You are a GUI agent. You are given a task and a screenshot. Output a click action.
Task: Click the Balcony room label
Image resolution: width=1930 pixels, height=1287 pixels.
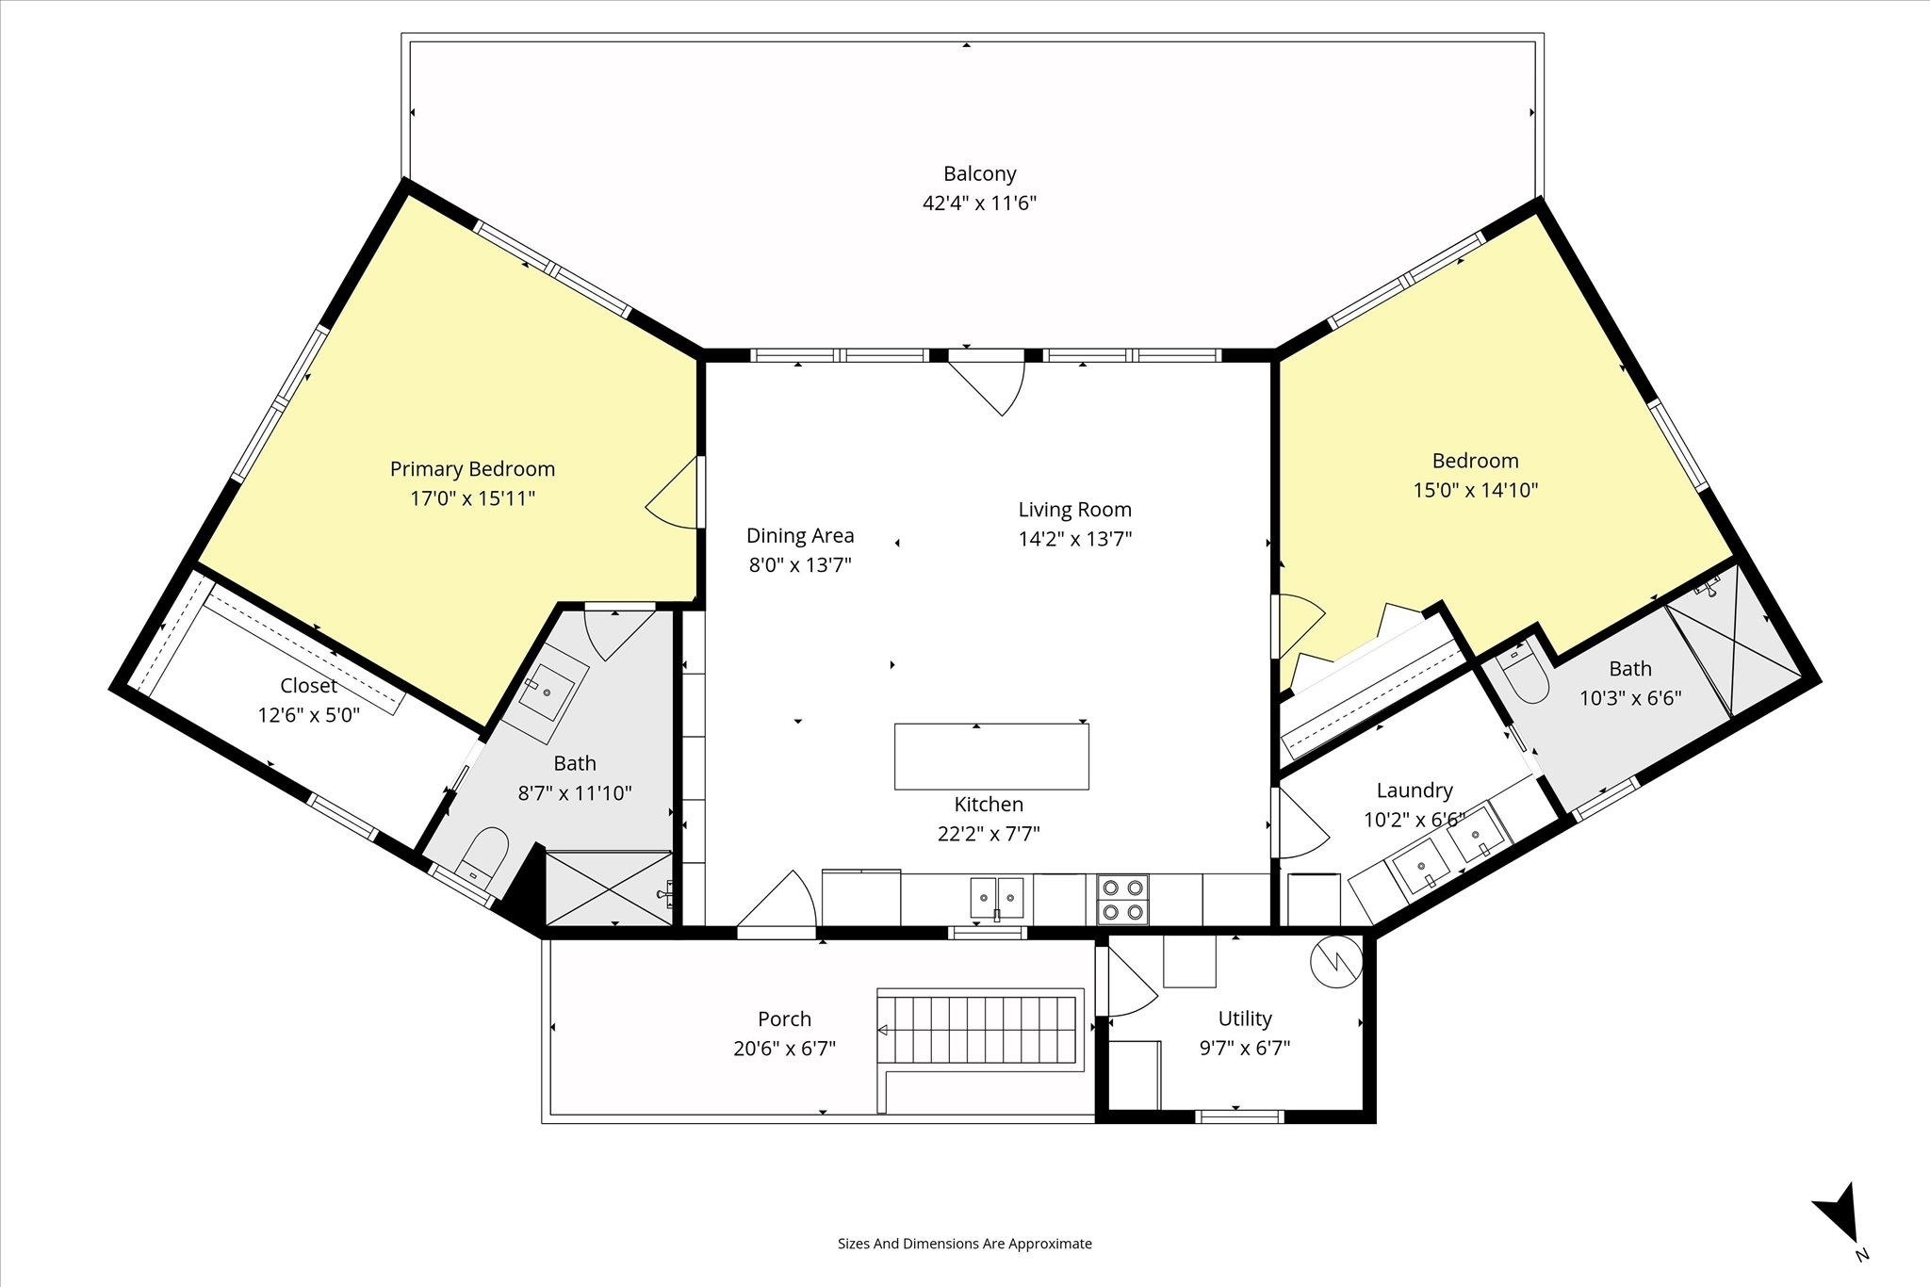tap(980, 173)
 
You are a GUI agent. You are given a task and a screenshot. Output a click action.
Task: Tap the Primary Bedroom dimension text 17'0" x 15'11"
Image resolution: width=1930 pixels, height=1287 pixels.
tap(472, 498)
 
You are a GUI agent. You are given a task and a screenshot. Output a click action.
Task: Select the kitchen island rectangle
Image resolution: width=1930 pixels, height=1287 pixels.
tap(991, 757)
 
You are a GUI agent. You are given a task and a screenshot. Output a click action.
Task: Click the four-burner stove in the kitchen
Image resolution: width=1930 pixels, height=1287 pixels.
tap(1122, 899)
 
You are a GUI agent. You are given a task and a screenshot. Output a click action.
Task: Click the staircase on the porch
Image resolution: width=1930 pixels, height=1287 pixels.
tap(981, 1029)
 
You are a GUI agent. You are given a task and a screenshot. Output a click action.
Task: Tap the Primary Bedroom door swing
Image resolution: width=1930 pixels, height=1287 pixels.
tap(671, 493)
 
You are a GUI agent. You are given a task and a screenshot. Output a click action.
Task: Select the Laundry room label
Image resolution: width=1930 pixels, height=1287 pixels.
tap(1415, 790)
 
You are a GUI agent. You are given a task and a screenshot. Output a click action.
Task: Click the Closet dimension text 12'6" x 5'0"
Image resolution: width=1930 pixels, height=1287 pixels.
tap(309, 715)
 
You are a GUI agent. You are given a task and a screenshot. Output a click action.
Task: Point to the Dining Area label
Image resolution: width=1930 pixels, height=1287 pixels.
tap(800, 535)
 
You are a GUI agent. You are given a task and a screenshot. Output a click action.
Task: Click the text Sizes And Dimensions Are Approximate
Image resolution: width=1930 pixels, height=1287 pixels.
tap(965, 1244)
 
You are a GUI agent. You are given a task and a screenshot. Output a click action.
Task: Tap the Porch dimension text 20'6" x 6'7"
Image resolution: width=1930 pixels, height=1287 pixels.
tap(785, 1048)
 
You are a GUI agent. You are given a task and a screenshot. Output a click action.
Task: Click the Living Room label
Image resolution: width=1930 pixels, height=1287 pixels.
tap(1075, 510)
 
